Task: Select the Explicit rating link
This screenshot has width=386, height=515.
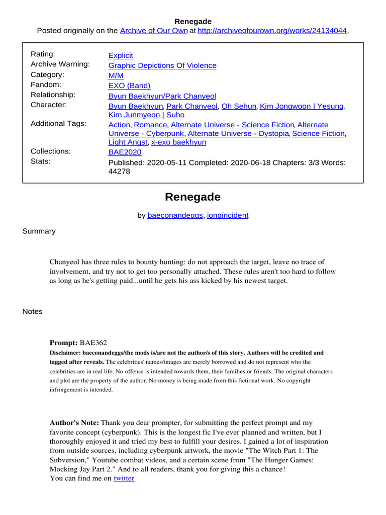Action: (x=121, y=55)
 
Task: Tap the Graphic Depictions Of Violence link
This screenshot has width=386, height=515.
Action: (x=162, y=65)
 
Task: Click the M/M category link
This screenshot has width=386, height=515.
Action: (x=116, y=75)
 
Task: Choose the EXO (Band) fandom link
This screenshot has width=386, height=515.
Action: (x=129, y=85)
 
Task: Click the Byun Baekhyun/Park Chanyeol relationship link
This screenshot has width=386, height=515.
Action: (x=162, y=96)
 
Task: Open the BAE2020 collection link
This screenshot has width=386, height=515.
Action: (x=125, y=152)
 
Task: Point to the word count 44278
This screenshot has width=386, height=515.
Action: (x=120, y=171)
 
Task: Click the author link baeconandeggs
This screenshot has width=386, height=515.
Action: (x=175, y=215)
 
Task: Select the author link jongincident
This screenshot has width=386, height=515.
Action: (x=228, y=215)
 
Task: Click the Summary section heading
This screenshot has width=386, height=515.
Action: (x=39, y=231)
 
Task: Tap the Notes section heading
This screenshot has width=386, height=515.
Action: (x=33, y=312)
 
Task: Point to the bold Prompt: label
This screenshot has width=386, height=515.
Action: (x=63, y=342)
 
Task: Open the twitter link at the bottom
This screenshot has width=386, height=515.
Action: (x=124, y=478)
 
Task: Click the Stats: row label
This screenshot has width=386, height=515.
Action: (x=40, y=161)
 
